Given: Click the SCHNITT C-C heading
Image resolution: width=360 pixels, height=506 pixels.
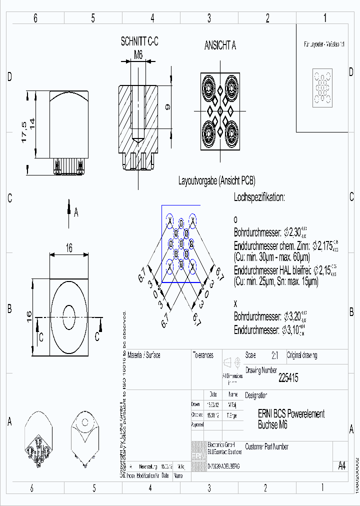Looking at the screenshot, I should click(x=139, y=42).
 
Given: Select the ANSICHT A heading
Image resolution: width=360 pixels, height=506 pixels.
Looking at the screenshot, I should click(x=220, y=45).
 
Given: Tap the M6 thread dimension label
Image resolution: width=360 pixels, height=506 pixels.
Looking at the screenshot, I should click(x=138, y=55).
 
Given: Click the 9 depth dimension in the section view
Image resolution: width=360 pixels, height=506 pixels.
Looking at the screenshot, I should click(x=168, y=106).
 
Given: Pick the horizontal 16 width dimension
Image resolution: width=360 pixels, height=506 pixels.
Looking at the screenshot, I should click(x=69, y=247).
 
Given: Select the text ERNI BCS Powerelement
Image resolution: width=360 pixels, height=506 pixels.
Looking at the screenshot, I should click(x=291, y=414).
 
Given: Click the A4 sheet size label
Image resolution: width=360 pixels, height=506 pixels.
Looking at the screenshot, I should click(x=341, y=466).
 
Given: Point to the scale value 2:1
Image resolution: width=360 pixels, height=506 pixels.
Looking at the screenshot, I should click(x=274, y=356).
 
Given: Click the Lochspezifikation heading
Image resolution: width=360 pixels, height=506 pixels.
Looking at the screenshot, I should click(x=259, y=197).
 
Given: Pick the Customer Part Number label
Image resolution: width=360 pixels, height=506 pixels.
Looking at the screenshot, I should click(x=266, y=446).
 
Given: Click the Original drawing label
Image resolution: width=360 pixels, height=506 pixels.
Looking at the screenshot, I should click(x=301, y=355).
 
